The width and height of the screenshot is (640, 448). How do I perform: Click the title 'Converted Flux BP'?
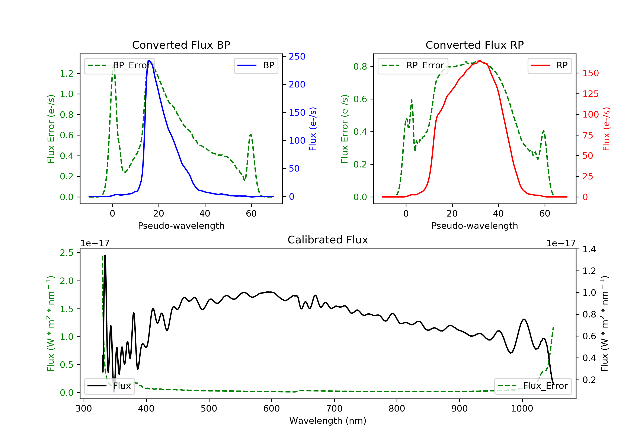[x=181, y=45]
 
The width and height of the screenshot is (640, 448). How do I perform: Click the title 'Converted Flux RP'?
[x=474, y=45]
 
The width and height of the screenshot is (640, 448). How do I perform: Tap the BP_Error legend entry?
[x=119, y=65]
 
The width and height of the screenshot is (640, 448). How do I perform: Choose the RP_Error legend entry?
[x=413, y=65]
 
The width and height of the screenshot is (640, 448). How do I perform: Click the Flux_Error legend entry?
[x=533, y=386]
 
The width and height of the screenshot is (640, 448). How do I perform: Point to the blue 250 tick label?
[x=297, y=57]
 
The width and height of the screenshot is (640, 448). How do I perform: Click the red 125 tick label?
[x=590, y=94]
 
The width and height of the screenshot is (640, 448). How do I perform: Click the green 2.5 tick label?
[x=67, y=253]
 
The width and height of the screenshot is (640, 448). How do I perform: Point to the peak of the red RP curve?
[x=480, y=61]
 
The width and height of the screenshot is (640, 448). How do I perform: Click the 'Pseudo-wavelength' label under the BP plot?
[x=181, y=226]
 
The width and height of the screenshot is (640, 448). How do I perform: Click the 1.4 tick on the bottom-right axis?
[x=589, y=249]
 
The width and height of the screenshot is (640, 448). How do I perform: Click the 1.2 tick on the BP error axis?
[x=67, y=73]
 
